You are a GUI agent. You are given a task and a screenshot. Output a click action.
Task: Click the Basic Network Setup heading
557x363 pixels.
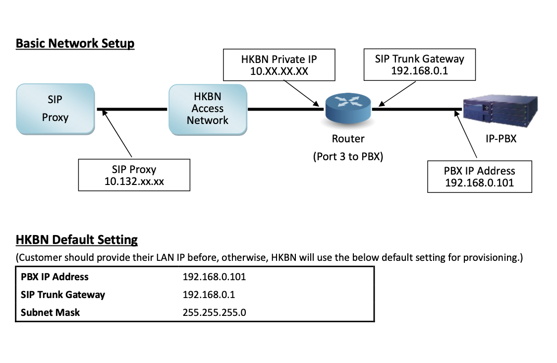click(x=75, y=43)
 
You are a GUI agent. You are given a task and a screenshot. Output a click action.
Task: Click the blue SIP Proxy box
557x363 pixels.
click(x=55, y=109)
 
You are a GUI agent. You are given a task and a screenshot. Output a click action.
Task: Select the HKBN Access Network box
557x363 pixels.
click(x=208, y=109)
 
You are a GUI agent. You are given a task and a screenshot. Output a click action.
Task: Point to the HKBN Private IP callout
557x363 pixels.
click(x=279, y=65)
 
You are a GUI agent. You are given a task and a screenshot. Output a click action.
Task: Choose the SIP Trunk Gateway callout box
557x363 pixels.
click(x=419, y=64)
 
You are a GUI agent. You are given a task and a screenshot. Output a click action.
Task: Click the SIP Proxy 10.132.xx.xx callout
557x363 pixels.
click(x=134, y=175)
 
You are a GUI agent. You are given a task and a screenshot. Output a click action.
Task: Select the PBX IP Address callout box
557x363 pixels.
click(x=479, y=177)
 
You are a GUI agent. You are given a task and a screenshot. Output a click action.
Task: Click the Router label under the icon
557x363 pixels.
click(x=348, y=139)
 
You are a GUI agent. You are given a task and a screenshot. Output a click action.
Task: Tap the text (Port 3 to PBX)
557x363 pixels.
click(x=348, y=157)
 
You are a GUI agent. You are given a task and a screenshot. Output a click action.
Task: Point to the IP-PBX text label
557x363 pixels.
click(x=501, y=139)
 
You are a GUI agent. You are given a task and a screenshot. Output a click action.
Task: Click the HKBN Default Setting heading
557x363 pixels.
click(x=77, y=240)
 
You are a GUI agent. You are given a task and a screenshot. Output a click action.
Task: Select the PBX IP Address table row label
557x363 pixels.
click(x=55, y=277)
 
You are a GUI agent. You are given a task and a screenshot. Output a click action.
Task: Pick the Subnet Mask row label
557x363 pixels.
click(x=50, y=312)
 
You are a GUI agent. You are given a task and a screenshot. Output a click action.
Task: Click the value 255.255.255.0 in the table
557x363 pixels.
click(x=215, y=312)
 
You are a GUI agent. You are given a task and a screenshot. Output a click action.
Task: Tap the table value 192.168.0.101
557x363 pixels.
click(x=214, y=277)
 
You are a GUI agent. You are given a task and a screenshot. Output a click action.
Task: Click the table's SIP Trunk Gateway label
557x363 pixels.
click(x=63, y=295)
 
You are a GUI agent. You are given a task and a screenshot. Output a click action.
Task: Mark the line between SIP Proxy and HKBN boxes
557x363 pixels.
click(x=132, y=109)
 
